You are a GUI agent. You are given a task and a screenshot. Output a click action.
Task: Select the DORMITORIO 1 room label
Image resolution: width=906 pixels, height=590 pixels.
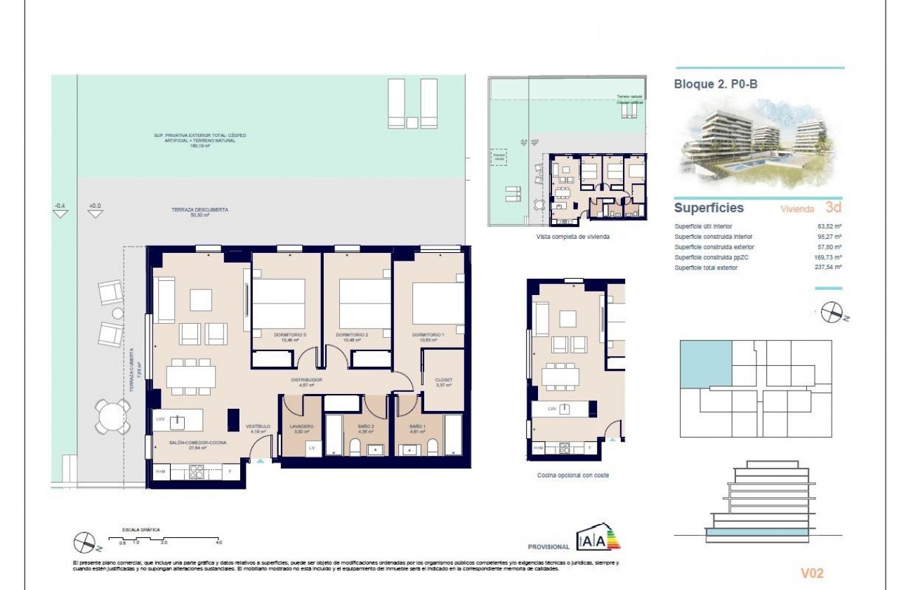pos(428,334)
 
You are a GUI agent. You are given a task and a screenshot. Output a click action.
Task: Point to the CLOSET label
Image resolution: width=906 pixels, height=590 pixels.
pos(444,380)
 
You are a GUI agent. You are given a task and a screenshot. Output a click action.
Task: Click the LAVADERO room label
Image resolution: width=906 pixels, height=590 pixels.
pos(301,426)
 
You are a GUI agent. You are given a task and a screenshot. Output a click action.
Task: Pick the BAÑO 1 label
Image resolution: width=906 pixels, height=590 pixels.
pos(419,426)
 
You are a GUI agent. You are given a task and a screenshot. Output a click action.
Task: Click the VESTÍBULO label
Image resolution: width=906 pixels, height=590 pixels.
pos(258,426)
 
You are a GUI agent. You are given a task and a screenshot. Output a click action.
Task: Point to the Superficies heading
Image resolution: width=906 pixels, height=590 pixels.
pos(709,208)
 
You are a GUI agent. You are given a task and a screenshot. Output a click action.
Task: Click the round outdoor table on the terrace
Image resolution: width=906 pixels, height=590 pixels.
pos(112,417)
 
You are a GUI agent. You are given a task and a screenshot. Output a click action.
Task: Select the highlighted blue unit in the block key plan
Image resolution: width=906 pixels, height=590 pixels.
pos(705,364)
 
